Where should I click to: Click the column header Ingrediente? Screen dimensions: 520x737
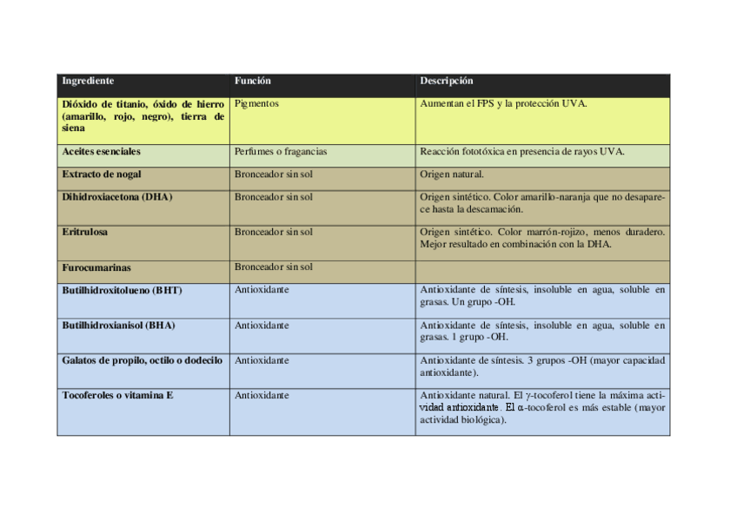[x=88, y=82]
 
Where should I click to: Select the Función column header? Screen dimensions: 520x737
[x=252, y=82]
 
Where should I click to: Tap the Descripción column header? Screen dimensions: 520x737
[x=446, y=82]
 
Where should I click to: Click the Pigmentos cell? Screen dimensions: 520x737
[x=256, y=104]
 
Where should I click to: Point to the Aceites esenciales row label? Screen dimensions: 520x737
[x=101, y=152]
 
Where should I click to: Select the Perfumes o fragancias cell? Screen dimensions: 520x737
[x=280, y=152]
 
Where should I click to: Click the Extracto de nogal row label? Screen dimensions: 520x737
[x=102, y=174]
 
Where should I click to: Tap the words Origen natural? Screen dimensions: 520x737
[x=451, y=174]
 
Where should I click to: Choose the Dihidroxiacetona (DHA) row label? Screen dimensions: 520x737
[x=116, y=197]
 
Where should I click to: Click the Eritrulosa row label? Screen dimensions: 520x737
[x=85, y=233]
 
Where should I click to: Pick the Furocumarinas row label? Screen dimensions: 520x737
[x=96, y=268]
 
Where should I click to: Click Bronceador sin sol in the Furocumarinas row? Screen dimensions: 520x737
[x=273, y=267]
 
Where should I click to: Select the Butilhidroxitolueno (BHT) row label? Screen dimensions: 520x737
[x=122, y=290]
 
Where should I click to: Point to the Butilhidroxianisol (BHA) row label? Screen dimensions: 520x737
[x=118, y=326]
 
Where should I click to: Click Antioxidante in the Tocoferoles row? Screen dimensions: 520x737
[x=262, y=396]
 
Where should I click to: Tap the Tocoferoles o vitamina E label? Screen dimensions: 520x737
[x=117, y=396]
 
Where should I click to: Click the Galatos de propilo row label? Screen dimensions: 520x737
[x=142, y=360]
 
